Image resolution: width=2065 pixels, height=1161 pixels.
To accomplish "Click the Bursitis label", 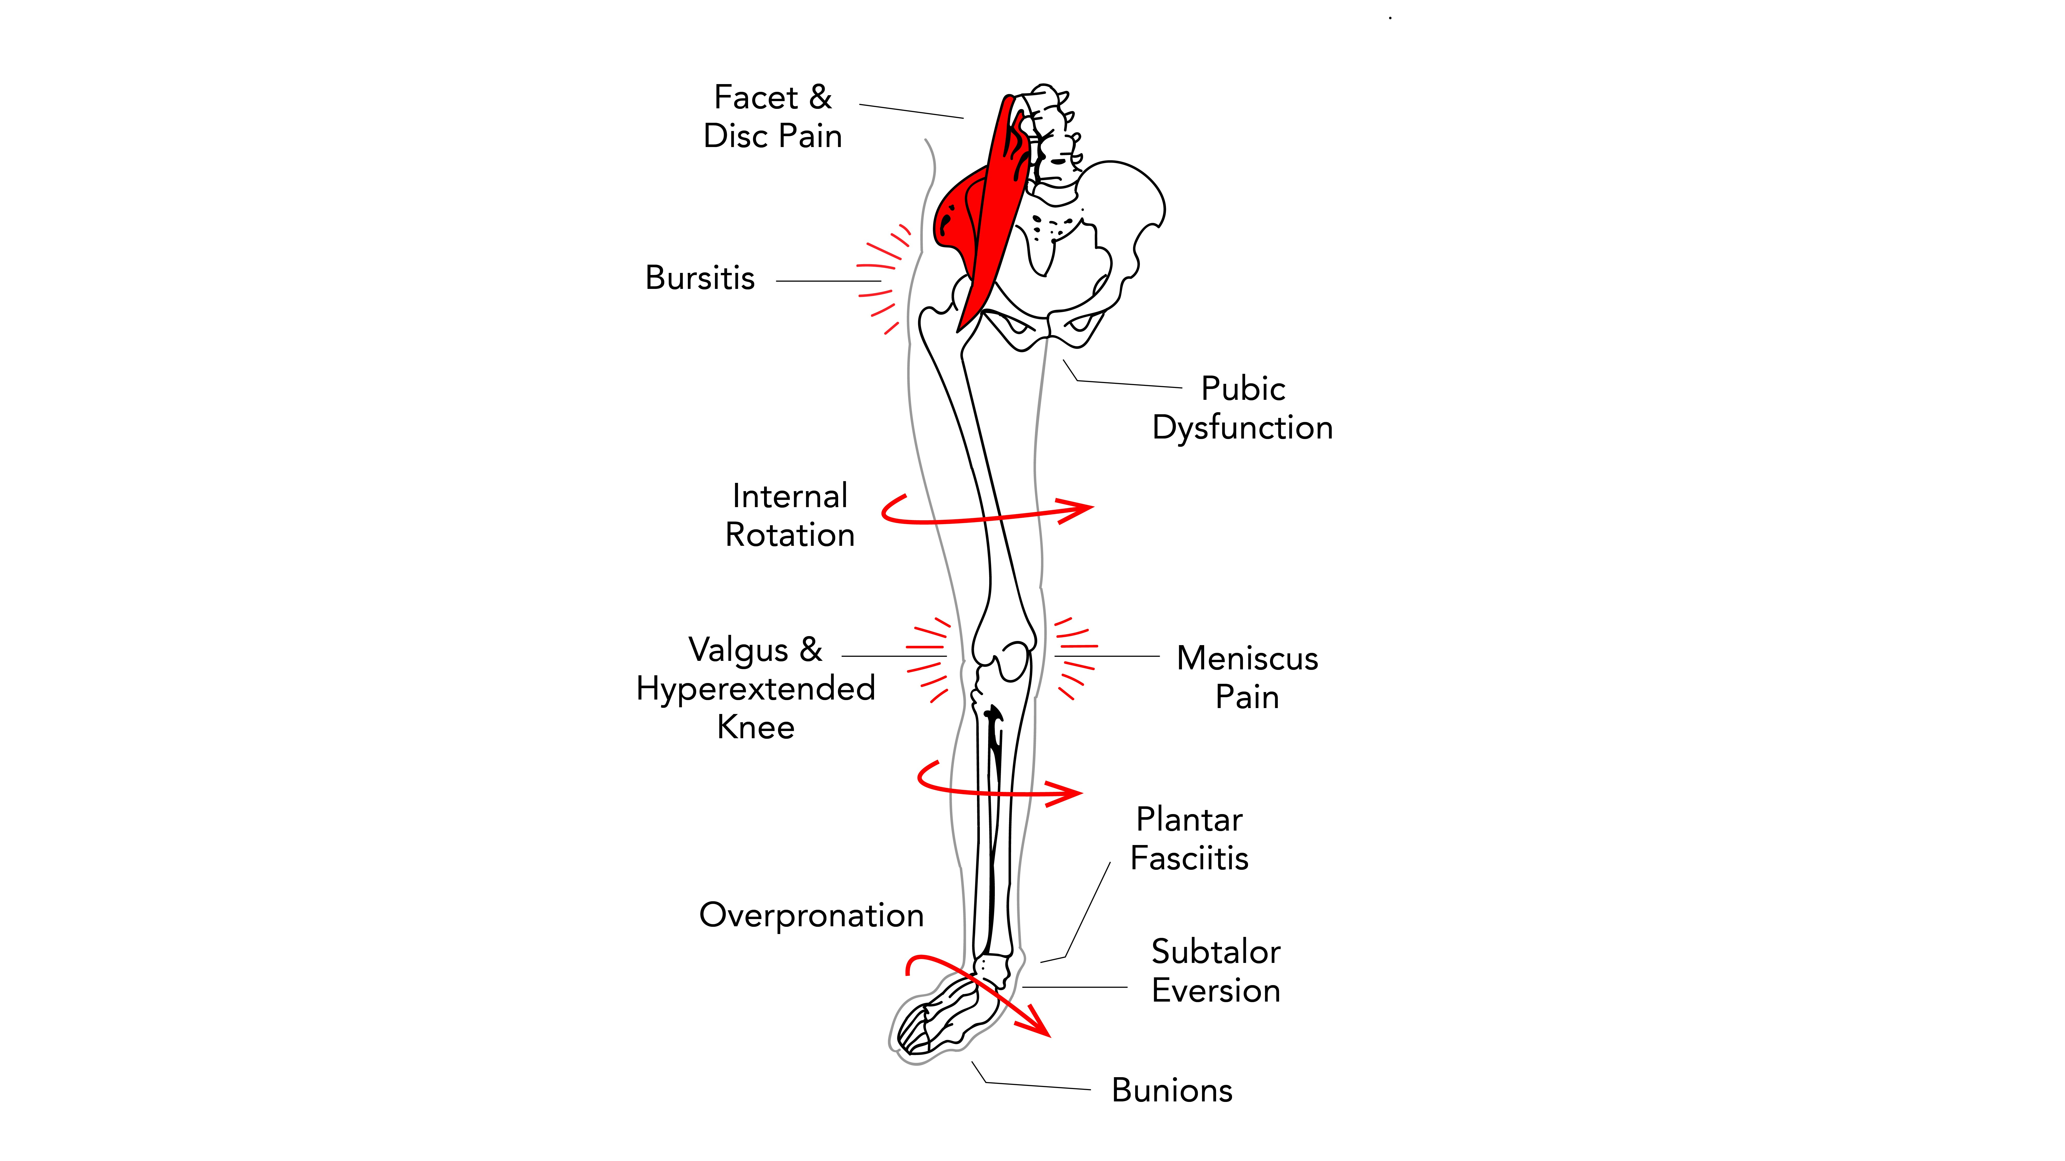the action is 700,278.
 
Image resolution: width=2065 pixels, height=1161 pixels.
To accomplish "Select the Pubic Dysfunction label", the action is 1243,408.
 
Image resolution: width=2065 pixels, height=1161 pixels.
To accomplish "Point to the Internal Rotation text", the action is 790,515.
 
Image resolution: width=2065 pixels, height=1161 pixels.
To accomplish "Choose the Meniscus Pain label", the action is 1247,677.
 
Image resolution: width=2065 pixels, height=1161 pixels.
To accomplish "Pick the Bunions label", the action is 1172,1091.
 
